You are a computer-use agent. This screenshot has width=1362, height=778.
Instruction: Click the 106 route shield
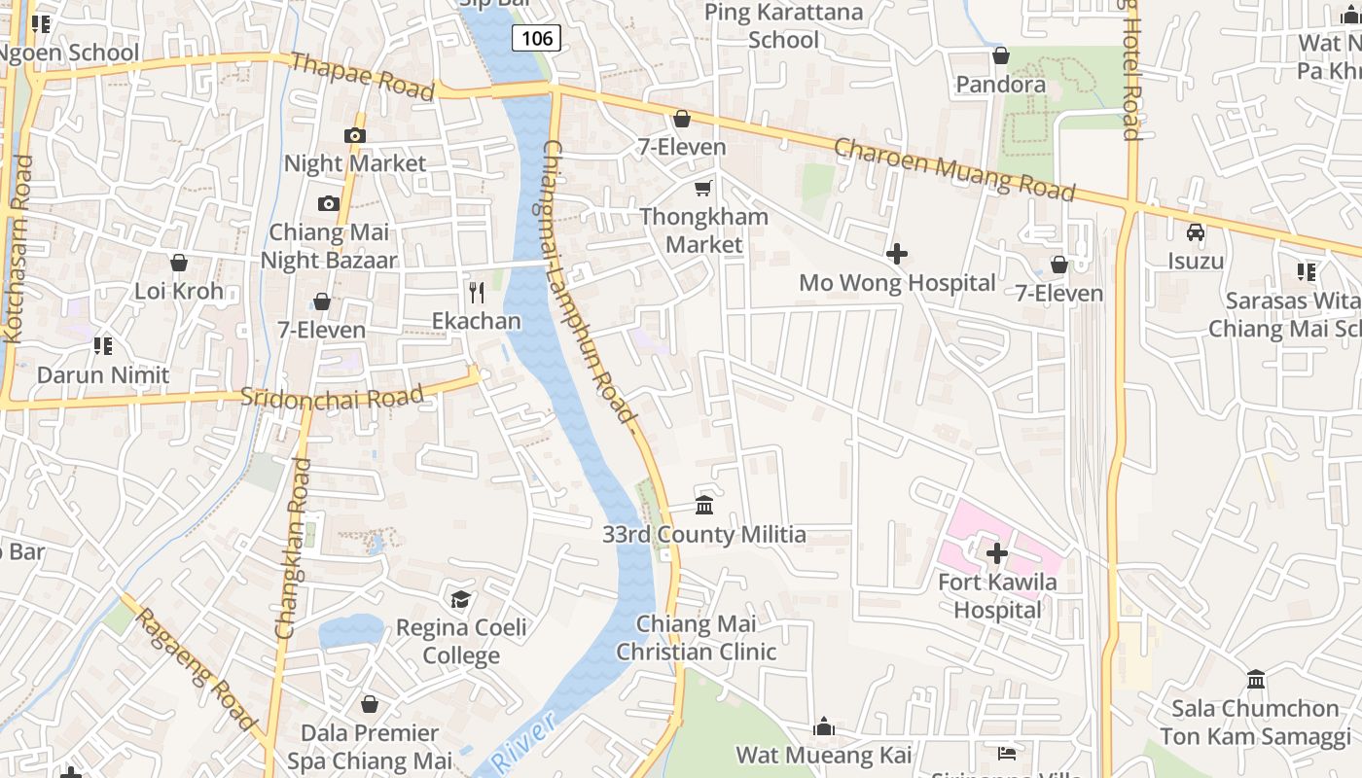pyautogui.click(x=536, y=38)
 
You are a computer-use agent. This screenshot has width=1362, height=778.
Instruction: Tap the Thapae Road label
pyautogui.click(x=362, y=75)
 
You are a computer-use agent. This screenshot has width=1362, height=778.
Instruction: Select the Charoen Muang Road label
pyautogui.click(x=954, y=168)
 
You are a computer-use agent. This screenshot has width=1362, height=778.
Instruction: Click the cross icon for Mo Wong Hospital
pyautogui.click(x=897, y=255)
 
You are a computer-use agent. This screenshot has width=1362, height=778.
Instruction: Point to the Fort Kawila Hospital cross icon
pyautogui.click(x=997, y=553)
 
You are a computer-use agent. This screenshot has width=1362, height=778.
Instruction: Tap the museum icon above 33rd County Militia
pyautogui.click(x=704, y=506)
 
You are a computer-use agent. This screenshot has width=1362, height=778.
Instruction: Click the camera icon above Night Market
pyautogui.click(x=355, y=135)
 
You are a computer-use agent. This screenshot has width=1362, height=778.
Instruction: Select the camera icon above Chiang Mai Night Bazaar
pyautogui.click(x=329, y=203)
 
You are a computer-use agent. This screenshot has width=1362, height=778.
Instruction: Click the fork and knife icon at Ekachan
pyautogui.click(x=477, y=292)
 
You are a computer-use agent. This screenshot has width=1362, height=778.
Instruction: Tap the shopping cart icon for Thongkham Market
pyautogui.click(x=703, y=188)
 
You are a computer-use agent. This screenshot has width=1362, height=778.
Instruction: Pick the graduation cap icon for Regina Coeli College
pyautogui.click(x=460, y=599)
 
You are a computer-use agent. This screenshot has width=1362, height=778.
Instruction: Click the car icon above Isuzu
pyautogui.click(x=1196, y=232)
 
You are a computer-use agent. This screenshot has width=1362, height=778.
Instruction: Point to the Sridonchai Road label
pyautogui.click(x=332, y=397)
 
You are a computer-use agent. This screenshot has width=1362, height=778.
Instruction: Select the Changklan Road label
pyautogui.click(x=293, y=548)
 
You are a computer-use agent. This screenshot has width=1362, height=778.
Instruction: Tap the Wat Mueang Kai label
pyautogui.click(x=823, y=755)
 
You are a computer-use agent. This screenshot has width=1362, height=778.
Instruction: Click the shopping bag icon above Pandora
pyautogui.click(x=1001, y=56)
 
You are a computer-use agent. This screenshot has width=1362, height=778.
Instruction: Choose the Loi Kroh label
pyautogui.click(x=179, y=291)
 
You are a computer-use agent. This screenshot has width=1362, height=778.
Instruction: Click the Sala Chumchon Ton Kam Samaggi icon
pyautogui.click(x=1256, y=679)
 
